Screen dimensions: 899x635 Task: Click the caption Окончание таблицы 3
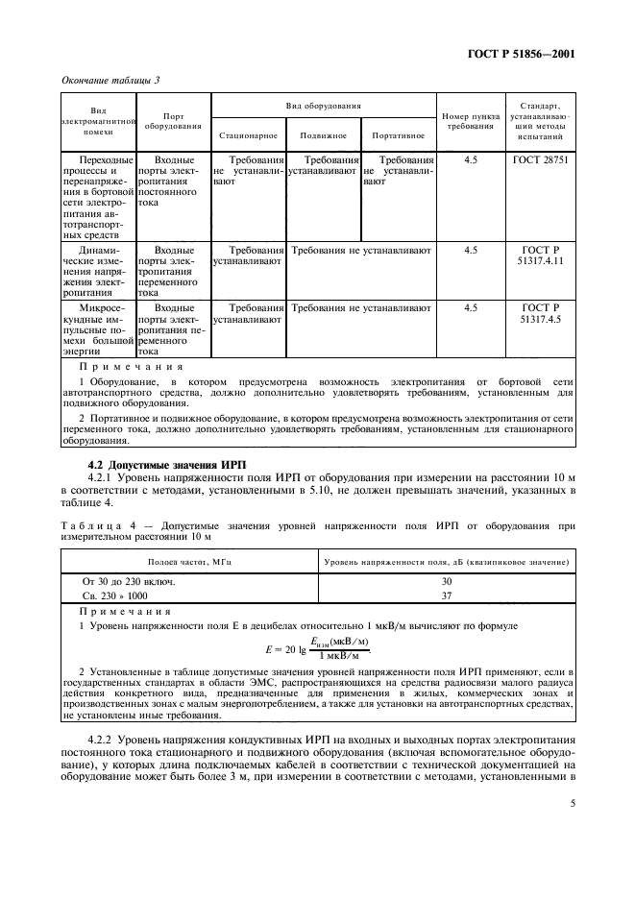pyautogui.click(x=110, y=80)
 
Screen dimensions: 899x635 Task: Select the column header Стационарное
pyautogui.click(x=248, y=135)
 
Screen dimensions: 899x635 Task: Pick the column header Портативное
pyautogui.click(x=398, y=135)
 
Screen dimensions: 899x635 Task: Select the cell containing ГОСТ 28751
pyautogui.click(x=541, y=159)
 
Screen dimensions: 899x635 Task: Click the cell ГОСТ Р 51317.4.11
pyautogui.click(x=541, y=255)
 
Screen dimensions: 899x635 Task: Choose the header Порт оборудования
pyautogui.click(x=173, y=120)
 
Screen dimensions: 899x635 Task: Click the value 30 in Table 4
pyautogui.click(x=446, y=581)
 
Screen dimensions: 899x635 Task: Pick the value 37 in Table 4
pyautogui.click(x=446, y=595)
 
